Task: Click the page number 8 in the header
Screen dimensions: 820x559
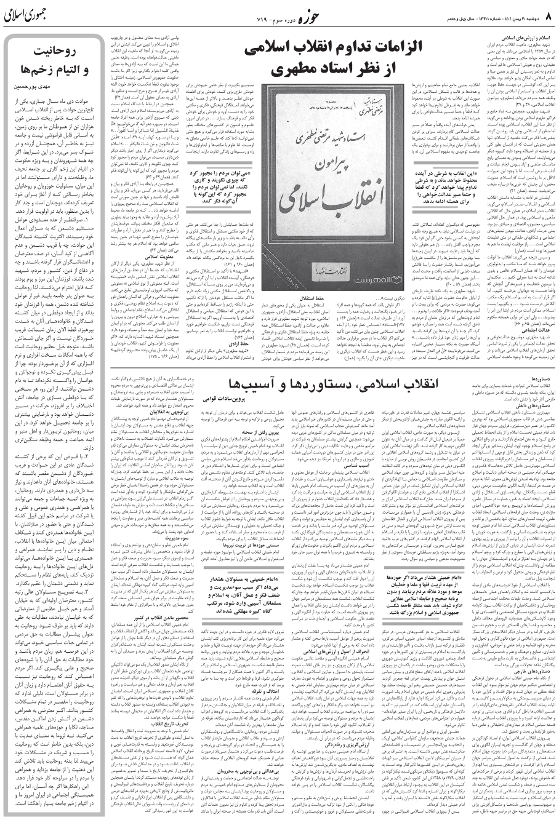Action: click(x=550, y=13)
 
